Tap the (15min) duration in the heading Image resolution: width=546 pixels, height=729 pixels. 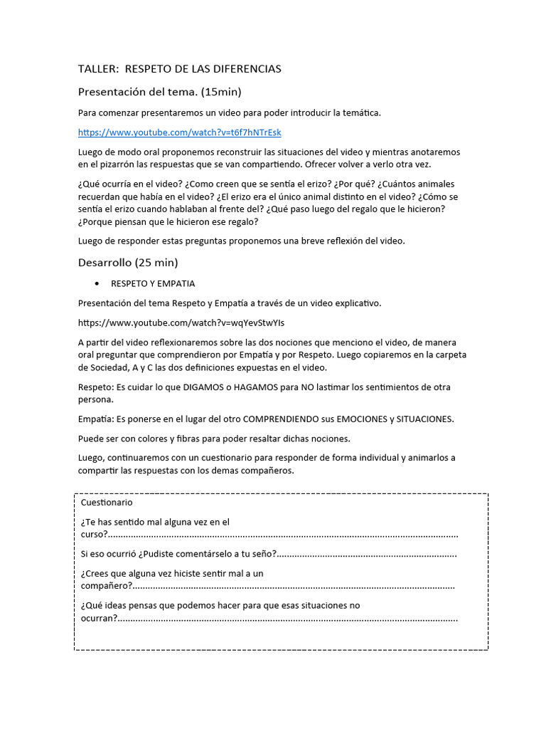(x=225, y=92)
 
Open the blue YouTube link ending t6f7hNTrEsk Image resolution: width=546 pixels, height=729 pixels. (x=179, y=132)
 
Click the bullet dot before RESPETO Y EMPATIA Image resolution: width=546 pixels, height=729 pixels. (x=97, y=284)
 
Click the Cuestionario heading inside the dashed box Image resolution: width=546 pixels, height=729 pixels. (x=107, y=503)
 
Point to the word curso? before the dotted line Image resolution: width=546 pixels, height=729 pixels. (x=94, y=534)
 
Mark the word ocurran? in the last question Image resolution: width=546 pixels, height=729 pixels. (x=99, y=618)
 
